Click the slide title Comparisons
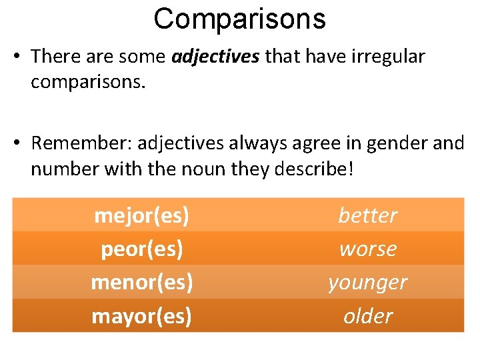coord(239,19)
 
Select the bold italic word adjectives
coord(215,57)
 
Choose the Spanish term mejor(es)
coord(141,215)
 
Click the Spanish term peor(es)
coord(141,249)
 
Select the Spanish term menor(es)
coord(141,282)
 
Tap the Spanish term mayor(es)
coord(141,315)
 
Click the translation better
coord(367,215)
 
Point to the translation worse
coord(367,249)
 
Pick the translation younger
coord(367,283)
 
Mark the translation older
coord(367,315)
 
